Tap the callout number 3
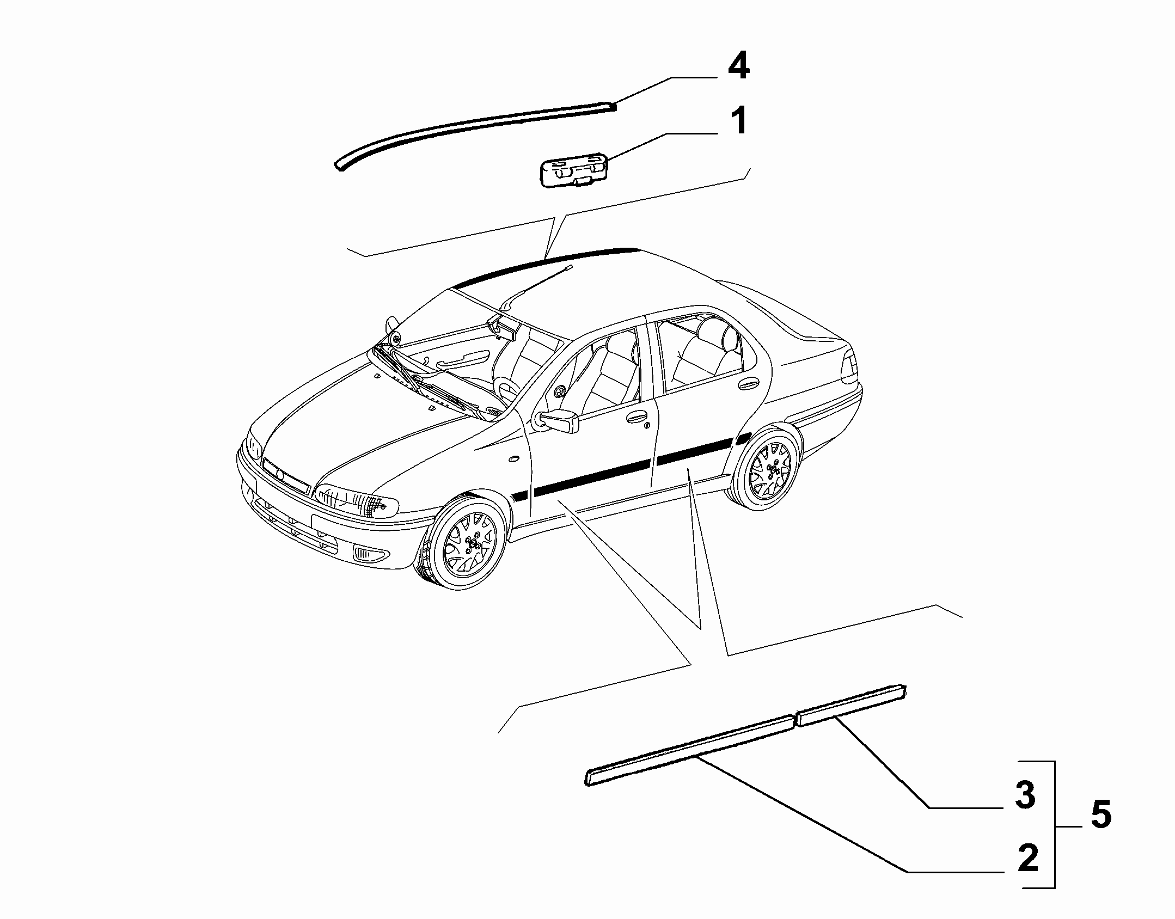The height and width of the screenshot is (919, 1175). click(1025, 795)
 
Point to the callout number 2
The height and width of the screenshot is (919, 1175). click(1027, 860)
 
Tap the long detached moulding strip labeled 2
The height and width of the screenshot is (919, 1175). click(690, 750)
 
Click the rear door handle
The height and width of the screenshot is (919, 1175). click(749, 385)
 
